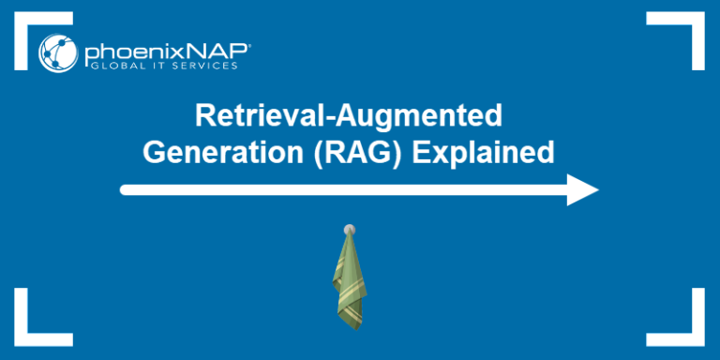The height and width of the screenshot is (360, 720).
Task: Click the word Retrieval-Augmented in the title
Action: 348,116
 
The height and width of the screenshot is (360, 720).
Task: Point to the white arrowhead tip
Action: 596,189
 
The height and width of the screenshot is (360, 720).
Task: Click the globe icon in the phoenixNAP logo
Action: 58,52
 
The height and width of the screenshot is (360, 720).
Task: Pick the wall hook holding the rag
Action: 349,228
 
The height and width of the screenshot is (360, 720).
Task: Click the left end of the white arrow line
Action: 125,189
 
